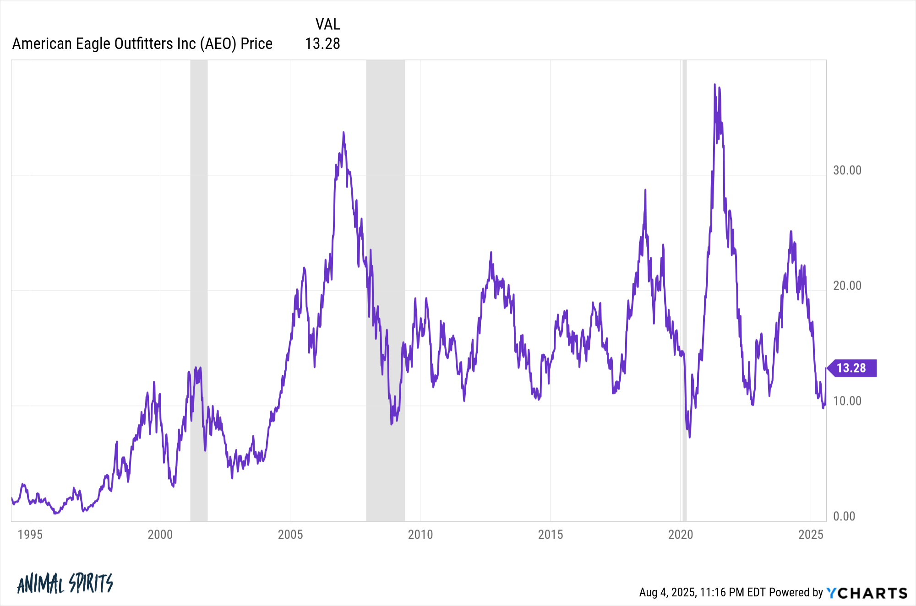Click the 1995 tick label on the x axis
[x=30, y=535]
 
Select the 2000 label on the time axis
[x=160, y=535]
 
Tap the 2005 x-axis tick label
[x=290, y=535]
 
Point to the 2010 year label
[x=420, y=535]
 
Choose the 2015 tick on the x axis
[x=550, y=535]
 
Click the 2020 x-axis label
[x=680, y=535]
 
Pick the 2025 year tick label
[x=810, y=535]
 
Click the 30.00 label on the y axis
[x=847, y=170]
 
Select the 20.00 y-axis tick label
[x=847, y=286]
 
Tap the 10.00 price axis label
[x=847, y=401]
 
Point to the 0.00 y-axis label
[x=844, y=516]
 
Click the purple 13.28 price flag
[x=851, y=368]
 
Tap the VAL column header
[x=327, y=24]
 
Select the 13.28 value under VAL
[x=322, y=43]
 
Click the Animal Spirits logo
[x=65, y=584]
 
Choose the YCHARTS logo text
[x=867, y=593]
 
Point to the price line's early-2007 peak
[x=343, y=133]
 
